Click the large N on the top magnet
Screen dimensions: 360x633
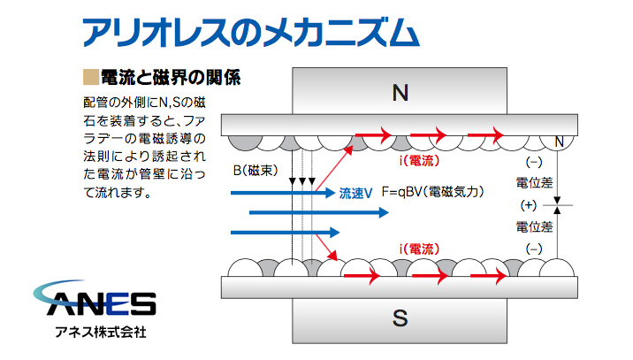point(400,91)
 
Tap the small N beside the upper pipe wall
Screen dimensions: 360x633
point(558,142)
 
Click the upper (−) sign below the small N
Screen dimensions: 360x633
point(533,162)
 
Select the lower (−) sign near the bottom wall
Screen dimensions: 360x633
point(533,249)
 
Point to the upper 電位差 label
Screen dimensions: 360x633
point(534,184)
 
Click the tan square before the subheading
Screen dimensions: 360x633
point(88,76)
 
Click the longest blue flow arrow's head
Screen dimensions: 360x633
point(382,212)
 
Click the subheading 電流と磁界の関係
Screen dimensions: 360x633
point(171,76)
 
